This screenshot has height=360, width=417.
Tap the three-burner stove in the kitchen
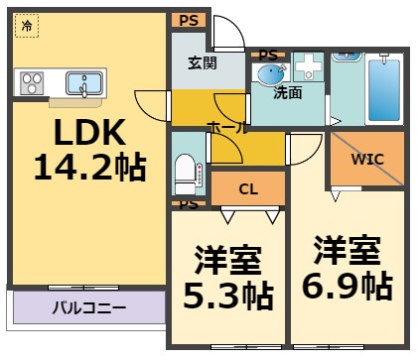31,82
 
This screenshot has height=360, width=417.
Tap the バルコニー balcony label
89,307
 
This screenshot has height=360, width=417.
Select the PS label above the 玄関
189,19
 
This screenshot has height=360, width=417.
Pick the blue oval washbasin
271,73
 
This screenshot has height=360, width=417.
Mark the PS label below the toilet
187,205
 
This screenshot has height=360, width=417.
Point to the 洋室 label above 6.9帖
347,248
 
